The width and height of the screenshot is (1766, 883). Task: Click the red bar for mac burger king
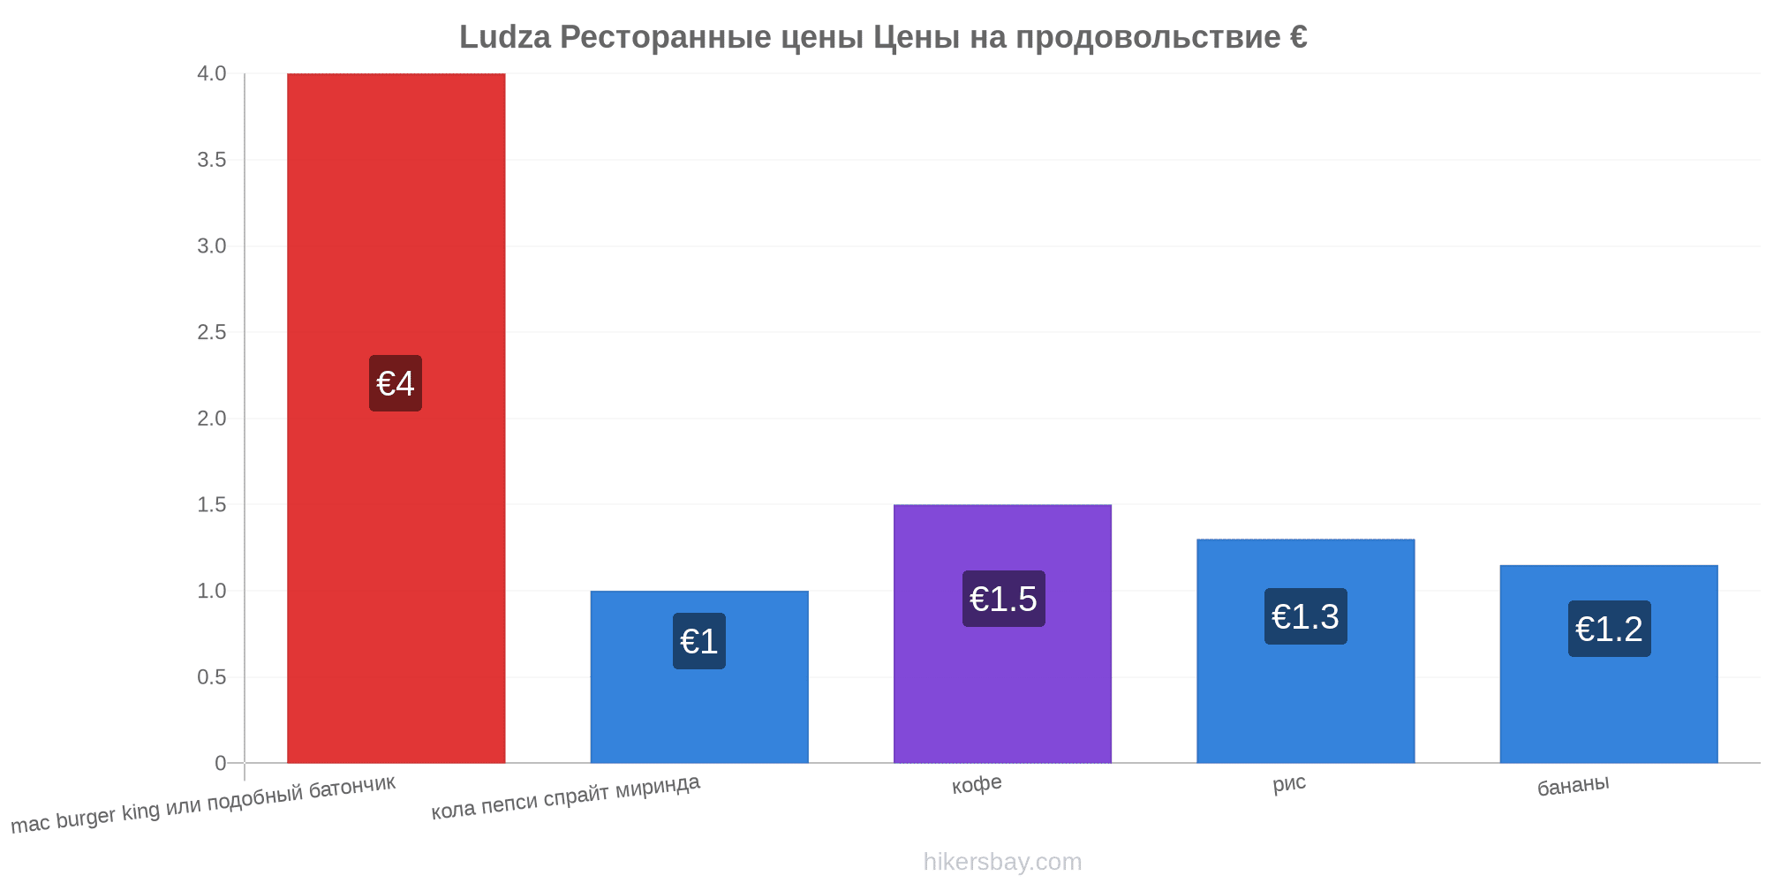[396, 418]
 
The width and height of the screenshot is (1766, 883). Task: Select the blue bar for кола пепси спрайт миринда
[699, 676]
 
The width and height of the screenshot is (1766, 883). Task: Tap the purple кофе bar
[1002, 633]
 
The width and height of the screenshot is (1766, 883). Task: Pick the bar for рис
[1305, 651]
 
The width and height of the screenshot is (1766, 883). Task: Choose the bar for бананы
[1609, 664]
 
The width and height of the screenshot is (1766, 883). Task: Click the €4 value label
[396, 383]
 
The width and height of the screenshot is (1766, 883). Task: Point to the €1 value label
[699, 641]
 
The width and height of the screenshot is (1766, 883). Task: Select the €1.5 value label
[1003, 599]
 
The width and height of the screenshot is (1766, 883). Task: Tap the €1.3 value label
[1306, 616]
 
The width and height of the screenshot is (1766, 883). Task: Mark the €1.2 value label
[1610, 629]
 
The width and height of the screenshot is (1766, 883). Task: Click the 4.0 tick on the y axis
[212, 73]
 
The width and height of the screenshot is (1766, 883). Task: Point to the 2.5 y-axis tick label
[212, 332]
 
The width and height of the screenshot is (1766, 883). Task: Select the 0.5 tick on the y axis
[212, 677]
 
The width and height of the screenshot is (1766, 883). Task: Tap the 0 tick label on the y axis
[221, 763]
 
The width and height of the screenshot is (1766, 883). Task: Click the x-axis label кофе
[977, 784]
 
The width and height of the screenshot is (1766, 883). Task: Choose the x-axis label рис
[1289, 783]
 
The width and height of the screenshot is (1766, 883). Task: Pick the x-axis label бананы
[1574, 785]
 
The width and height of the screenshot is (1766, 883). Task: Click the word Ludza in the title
[505, 37]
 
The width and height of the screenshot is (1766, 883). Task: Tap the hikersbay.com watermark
[1002, 862]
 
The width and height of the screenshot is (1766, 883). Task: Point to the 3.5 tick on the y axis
[212, 160]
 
